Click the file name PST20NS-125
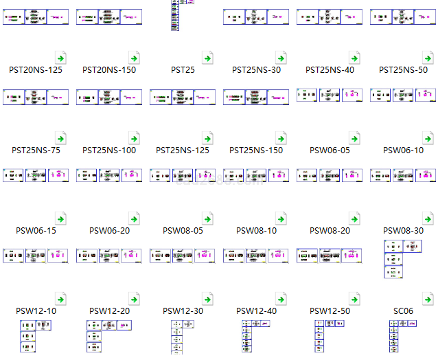coord(36,70)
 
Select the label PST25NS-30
coord(256,70)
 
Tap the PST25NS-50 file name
coord(403,70)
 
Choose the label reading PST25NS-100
coord(109,150)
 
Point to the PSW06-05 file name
coord(330,150)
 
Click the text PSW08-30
coord(403,231)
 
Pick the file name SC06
coord(403,311)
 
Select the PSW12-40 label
coord(256,311)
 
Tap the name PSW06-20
coord(109,231)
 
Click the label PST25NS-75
coord(36,150)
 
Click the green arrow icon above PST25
coord(207,58)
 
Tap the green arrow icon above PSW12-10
coord(60,299)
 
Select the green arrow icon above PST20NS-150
coord(133,58)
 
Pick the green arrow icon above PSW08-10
coord(280,218)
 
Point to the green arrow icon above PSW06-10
coord(427,138)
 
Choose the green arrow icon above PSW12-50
coord(354,299)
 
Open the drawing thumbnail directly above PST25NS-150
coord(256,97)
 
